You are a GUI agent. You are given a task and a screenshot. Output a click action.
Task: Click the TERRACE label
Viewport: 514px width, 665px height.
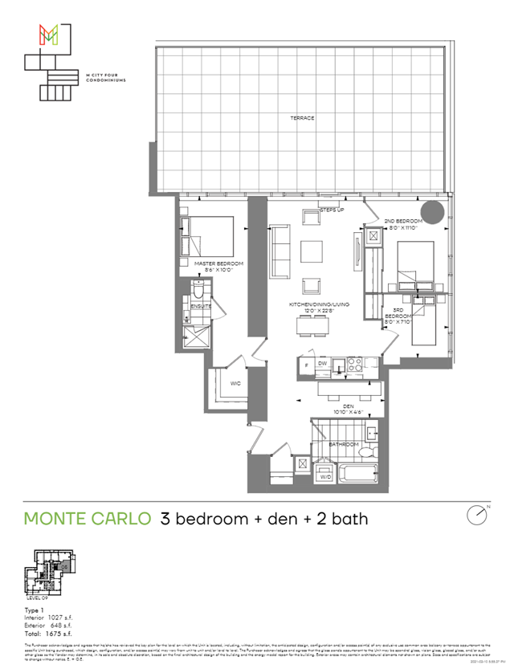click(x=302, y=118)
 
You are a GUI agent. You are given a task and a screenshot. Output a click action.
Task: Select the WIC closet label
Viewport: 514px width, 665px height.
click(x=235, y=384)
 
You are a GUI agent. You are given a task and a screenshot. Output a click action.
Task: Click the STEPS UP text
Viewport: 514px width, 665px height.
click(x=332, y=210)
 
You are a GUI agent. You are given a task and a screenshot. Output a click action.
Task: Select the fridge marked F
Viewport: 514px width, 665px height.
click(x=306, y=365)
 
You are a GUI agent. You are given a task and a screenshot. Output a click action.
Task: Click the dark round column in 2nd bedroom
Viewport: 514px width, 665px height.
click(x=434, y=214)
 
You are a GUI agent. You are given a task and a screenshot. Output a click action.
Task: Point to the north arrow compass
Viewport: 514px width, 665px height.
click(x=478, y=515)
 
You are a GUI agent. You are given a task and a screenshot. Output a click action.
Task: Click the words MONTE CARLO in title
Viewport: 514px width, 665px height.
click(x=87, y=518)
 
